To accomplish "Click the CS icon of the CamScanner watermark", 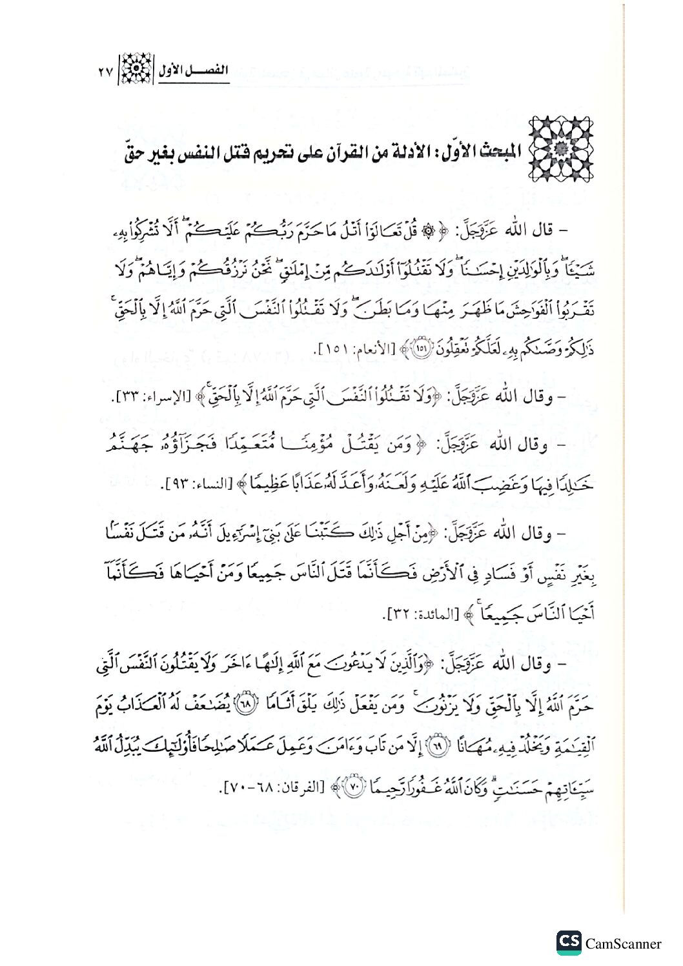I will coord(569,943).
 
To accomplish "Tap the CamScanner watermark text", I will coord(623,943).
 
